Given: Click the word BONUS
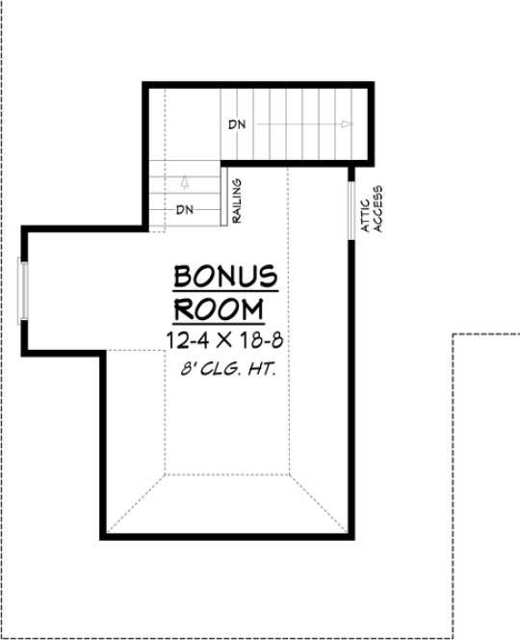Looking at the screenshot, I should [225, 276].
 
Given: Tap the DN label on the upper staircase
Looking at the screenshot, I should [237, 125].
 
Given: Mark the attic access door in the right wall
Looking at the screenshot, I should [352, 206].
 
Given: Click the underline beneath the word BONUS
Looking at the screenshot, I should [225, 290].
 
